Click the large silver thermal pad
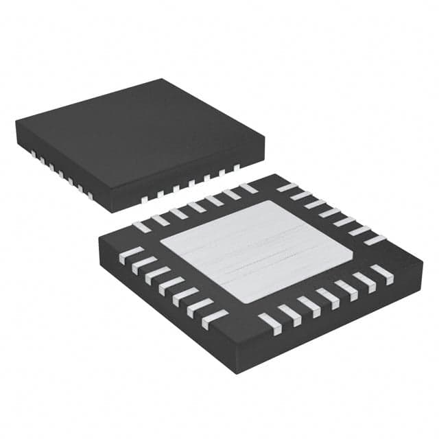pyautogui.click(x=257, y=251)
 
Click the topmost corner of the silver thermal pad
pyautogui.click(x=278, y=200)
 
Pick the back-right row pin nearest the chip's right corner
pyautogui.click(x=375, y=240)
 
